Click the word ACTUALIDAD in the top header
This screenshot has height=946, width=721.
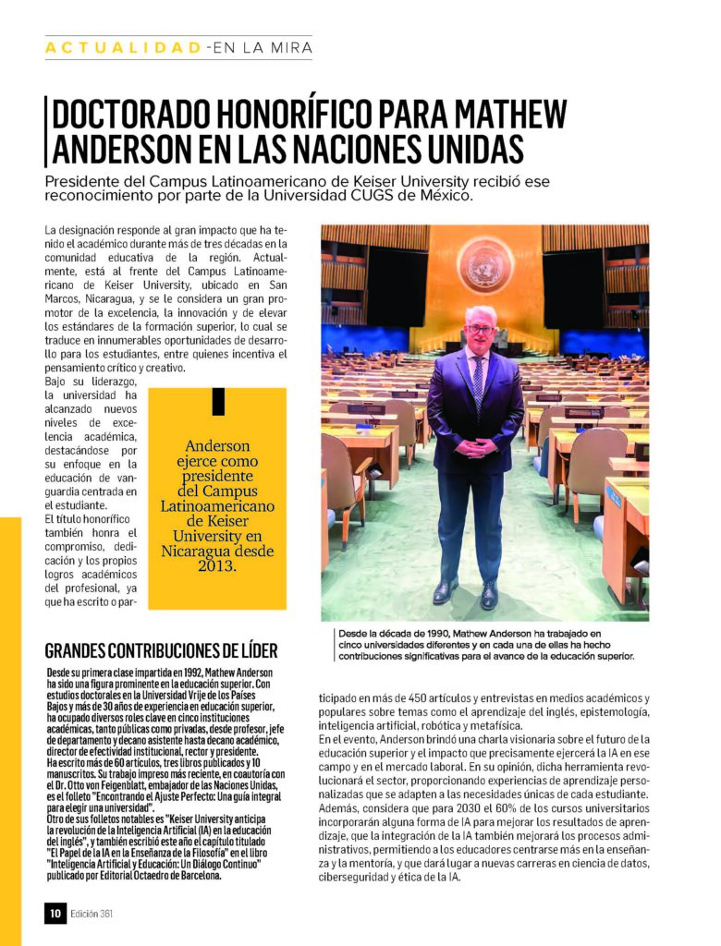click(124, 47)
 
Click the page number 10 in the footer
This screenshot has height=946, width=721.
click(55, 914)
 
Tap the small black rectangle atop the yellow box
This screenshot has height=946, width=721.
click(218, 402)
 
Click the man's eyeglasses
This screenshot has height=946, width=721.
click(481, 329)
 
